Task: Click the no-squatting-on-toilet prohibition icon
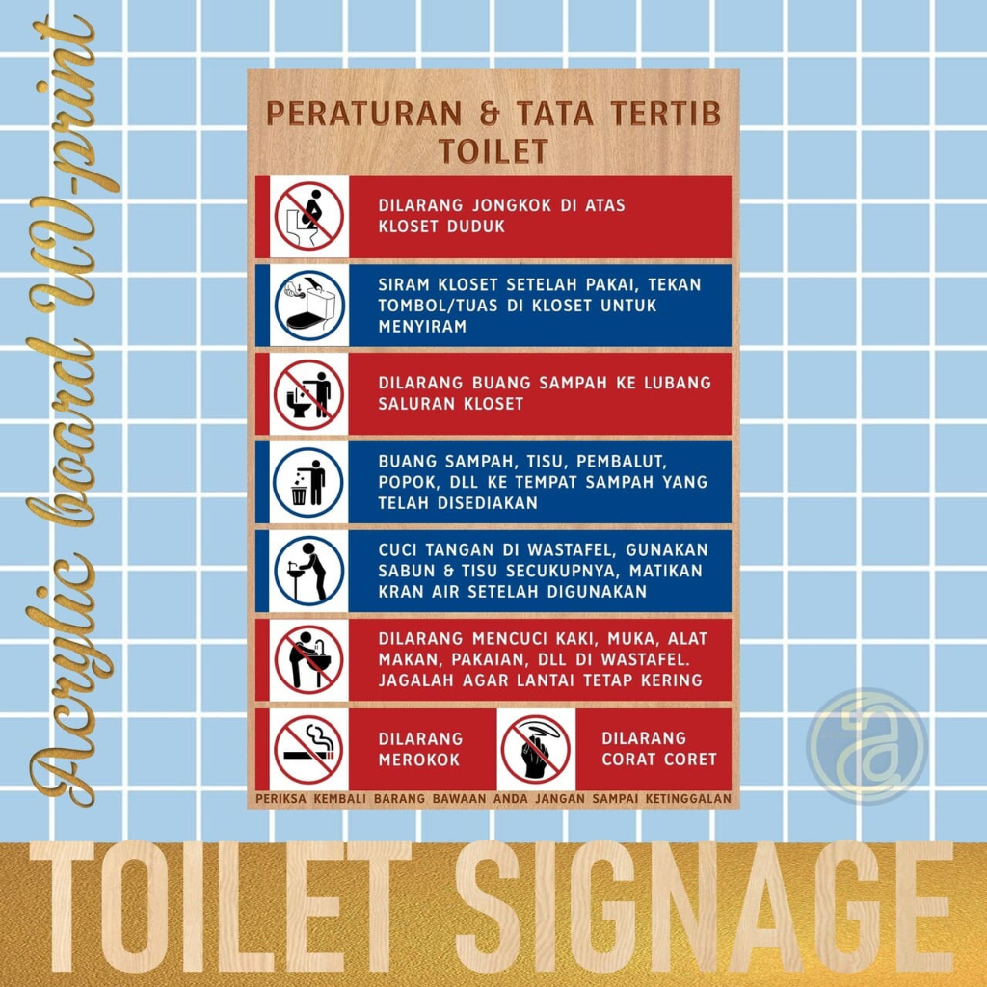(308, 216)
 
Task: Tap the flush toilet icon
(308, 305)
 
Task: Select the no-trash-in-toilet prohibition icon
(308, 393)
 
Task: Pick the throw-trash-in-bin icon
(308, 482)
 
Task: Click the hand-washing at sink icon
(308, 571)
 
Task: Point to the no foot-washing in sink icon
(308, 659)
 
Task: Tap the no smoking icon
(308, 749)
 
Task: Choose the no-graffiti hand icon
(536, 749)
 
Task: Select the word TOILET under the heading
(493, 151)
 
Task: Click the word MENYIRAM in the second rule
(422, 327)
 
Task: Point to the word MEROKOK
(419, 760)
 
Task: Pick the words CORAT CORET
(659, 760)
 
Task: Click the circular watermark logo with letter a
(867, 747)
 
